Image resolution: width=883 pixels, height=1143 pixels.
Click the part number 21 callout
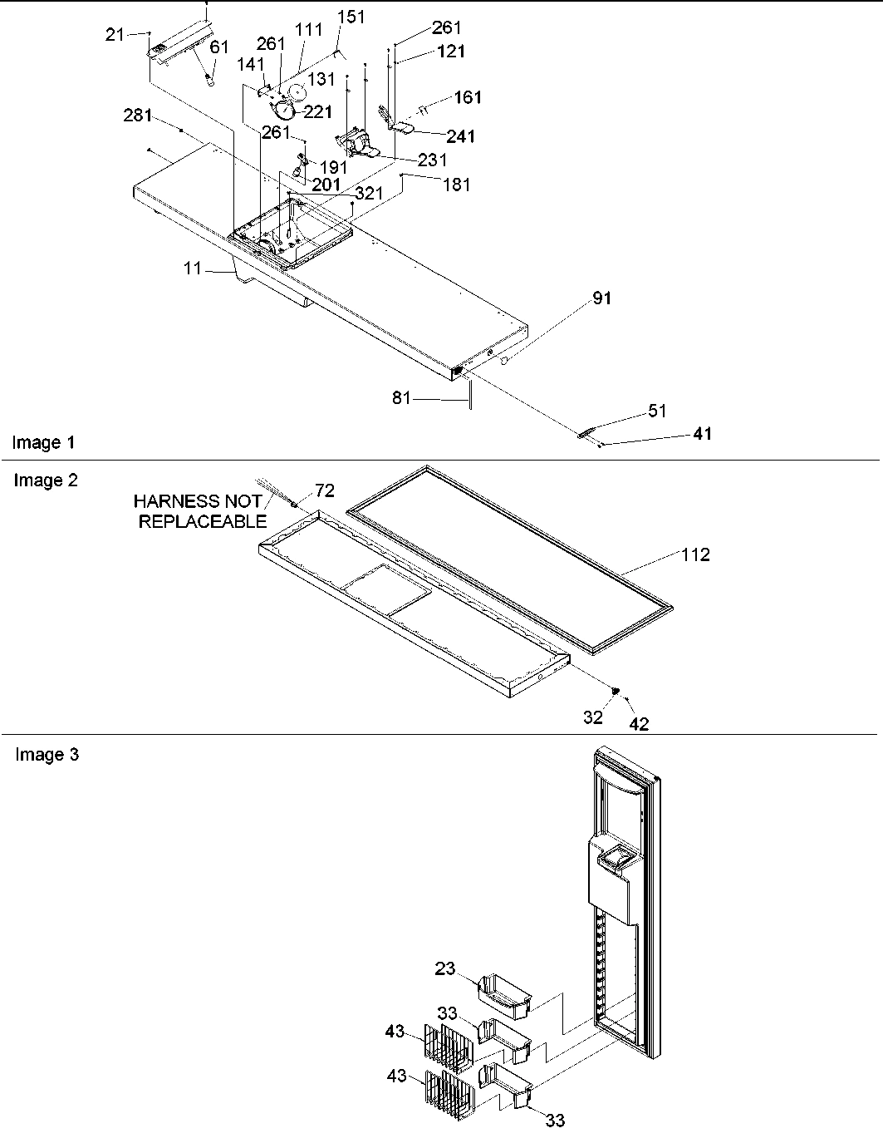pyautogui.click(x=115, y=34)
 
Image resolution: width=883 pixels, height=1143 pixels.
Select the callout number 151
pyautogui.click(x=351, y=17)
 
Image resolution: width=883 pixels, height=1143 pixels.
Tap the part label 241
pyautogui.click(x=461, y=136)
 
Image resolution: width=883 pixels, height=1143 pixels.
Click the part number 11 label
pyautogui.click(x=193, y=269)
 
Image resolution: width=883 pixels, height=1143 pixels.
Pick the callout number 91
pyautogui.click(x=601, y=298)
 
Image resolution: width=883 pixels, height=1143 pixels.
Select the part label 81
pyautogui.click(x=402, y=399)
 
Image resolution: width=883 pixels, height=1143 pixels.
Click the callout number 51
pyautogui.click(x=658, y=411)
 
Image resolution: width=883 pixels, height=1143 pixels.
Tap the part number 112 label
pyautogui.click(x=695, y=554)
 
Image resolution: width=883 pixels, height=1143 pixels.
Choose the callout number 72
pyautogui.click(x=324, y=490)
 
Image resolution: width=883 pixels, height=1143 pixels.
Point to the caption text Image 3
pyautogui.click(x=47, y=755)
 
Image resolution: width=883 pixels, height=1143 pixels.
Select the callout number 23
pyautogui.click(x=445, y=968)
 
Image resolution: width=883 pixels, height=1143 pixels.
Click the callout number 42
pyautogui.click(x=638, y=723)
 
